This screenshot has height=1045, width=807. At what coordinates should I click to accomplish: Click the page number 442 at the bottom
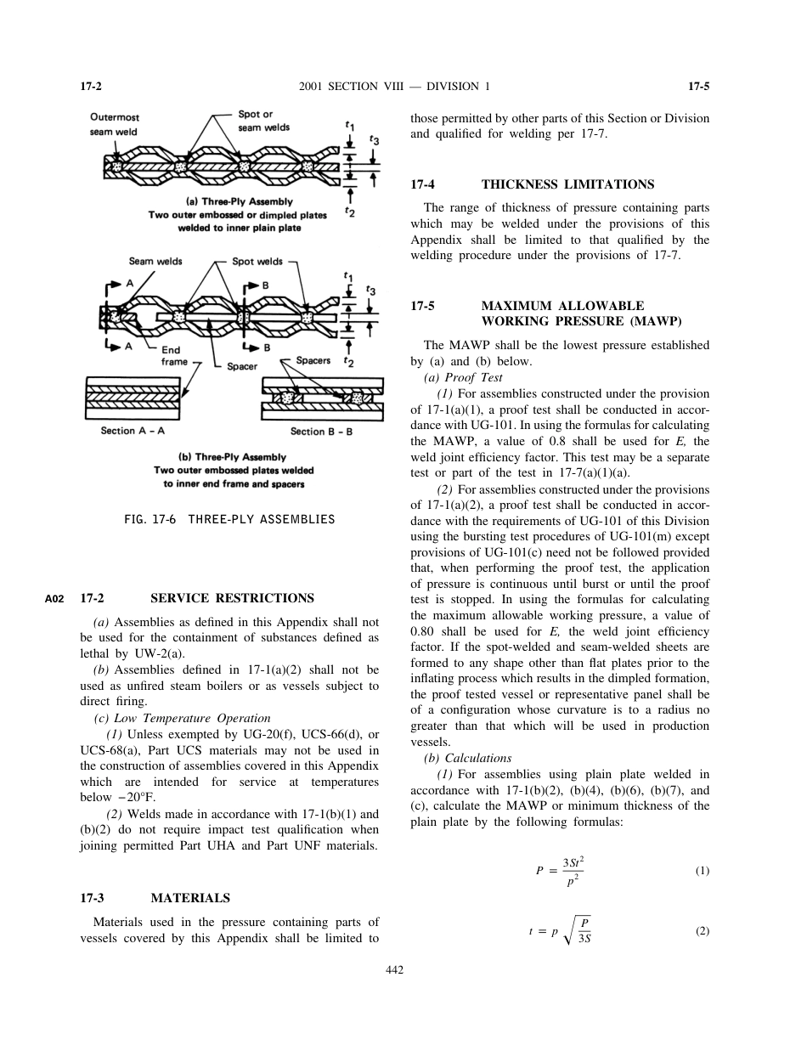pyautogui.click(x=394, y=970)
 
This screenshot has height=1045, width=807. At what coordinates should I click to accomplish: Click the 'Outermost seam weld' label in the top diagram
pyautogui.click(x=115, y=124)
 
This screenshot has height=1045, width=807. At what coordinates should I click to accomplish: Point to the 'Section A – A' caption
pyautogui.click(x=130, y=431)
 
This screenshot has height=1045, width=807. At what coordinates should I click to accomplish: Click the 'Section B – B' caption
pyautogui.click(x=321, y=431)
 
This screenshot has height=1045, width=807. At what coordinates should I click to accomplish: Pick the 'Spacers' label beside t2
pyautogui.click(x=313, y=361)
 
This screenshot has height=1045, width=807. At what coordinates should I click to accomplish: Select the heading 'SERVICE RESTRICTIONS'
pyautogui.click(x=232, y=598)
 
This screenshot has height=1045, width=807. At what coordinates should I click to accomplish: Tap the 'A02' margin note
pyautogui.click(x=54, y=599)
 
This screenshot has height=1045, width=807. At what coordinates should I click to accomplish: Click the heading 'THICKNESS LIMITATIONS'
pyautogui.click(x=567, y=184)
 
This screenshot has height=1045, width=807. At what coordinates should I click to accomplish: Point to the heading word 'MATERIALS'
pyautogui.click(x=190, y=898)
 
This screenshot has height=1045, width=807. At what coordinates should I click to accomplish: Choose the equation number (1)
pyautogui.click(x=702, y=871)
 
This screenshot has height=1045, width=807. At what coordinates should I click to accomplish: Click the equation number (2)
pyautogui.click(x=702, y=931)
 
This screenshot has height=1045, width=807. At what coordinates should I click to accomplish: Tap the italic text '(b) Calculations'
pyautogui.click(x=467, y=759)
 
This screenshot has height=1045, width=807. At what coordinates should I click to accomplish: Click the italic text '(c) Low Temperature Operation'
pyautogui.click(x=182, y=718)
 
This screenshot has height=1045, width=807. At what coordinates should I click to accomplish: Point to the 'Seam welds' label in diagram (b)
pyautogui.click(x=155, y=261)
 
